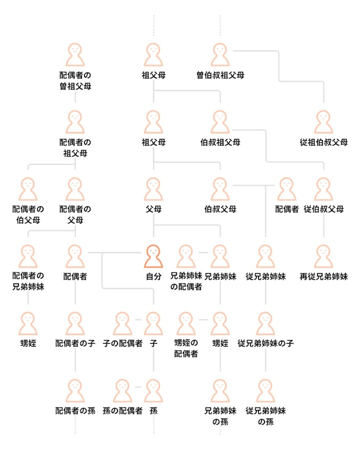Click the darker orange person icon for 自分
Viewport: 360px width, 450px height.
pos(153,256)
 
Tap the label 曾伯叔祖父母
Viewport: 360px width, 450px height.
pos(220,75)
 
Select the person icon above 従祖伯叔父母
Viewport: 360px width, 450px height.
pos(323,122)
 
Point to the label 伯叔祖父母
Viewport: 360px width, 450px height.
pos(220,142)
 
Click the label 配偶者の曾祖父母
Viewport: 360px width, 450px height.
pos(75,80)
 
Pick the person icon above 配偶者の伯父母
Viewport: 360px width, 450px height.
pos(28,189)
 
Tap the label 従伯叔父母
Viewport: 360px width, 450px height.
pos(323,209)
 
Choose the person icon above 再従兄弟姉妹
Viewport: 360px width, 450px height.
pos(323,256)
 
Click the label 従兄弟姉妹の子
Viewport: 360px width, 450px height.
pos(265,343)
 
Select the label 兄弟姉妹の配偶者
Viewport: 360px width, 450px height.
pos(186,281)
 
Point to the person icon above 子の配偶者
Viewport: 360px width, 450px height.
pos(122,323)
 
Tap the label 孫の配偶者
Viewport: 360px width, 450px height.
pos(122,410)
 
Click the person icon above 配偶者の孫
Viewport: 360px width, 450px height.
pos(75,391)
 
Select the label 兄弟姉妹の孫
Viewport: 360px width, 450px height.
pos(220,416)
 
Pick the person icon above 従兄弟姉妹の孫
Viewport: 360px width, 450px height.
pos(265,391)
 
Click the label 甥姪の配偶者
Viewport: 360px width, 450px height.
pos(186,348)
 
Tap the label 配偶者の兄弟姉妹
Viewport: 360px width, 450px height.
pos(28,281)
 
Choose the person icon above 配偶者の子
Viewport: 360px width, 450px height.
pos(75,323)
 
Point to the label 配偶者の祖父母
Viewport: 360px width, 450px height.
pos(75,148)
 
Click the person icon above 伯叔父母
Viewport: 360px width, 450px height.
pos(220,189)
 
